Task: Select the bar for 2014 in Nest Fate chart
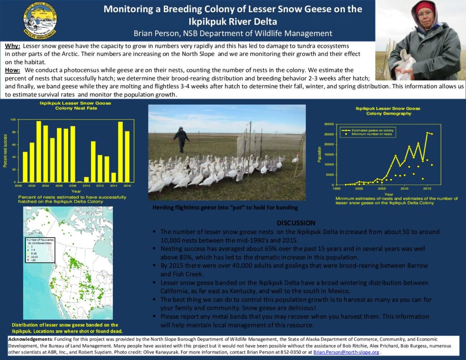114,177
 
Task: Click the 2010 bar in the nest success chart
86,179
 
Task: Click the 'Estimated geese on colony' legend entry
375,130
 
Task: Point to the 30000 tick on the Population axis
327,124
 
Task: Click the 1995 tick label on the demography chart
337,188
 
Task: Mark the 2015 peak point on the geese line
427,133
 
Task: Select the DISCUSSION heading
296,223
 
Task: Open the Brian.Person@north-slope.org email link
346,352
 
